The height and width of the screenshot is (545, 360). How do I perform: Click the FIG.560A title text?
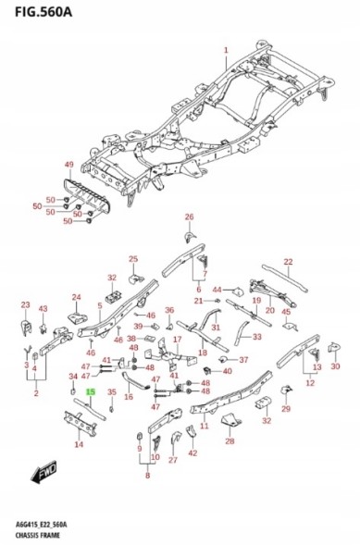coord(43,12)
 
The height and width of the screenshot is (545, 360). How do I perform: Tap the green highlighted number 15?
coord(91,392)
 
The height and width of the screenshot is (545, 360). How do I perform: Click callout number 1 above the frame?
coord(226,50)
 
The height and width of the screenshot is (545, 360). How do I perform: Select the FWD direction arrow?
coord(43,471)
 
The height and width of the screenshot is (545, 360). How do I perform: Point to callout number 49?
coord(69,165)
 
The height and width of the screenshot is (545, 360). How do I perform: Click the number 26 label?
coord(190,217)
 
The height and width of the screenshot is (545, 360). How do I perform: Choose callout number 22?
coord(289,262)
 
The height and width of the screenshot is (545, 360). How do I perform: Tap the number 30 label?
coord(335,366)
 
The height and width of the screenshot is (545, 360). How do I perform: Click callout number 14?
coord(79,444)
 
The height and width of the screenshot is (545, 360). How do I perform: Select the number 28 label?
coord(230,441)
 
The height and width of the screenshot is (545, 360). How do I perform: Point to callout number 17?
coord(177,340)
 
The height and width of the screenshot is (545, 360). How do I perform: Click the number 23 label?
coord(25,304)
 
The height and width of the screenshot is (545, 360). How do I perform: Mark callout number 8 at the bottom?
coord(148,475)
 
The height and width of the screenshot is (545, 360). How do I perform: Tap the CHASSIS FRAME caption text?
coord(38,535)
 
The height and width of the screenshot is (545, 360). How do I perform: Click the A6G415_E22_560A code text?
coord(42,525)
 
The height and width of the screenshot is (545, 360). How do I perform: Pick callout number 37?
coord(243,360)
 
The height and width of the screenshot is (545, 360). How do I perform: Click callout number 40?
coord(228,371)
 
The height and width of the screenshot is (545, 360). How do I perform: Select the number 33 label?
coord(256,337)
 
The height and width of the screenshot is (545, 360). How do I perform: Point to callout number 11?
coord(205,426)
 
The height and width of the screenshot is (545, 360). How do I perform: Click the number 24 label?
coord(77,297)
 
